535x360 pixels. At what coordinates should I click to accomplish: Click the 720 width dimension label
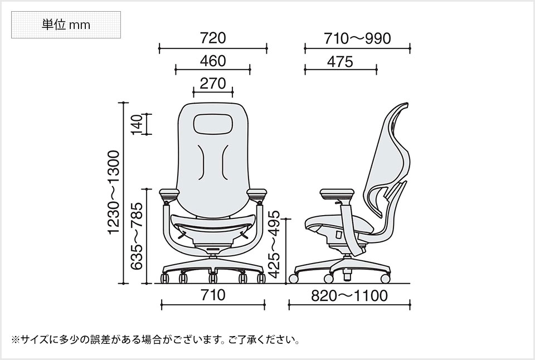[213, 38]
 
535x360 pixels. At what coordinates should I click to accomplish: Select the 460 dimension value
[213, 60]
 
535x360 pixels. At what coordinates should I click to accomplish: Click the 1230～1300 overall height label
[115, 192]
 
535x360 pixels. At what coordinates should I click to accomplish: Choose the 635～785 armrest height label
[137, 236]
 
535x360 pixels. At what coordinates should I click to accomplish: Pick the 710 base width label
[213, 295]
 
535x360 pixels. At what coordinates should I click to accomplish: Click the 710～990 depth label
[357, 38]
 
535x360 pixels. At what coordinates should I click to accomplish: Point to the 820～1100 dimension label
[349, 295]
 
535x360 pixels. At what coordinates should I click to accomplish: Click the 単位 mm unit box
[66, 25]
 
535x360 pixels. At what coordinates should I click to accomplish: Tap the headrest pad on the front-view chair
[213, 123]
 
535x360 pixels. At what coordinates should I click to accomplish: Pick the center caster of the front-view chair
[213, 276]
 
